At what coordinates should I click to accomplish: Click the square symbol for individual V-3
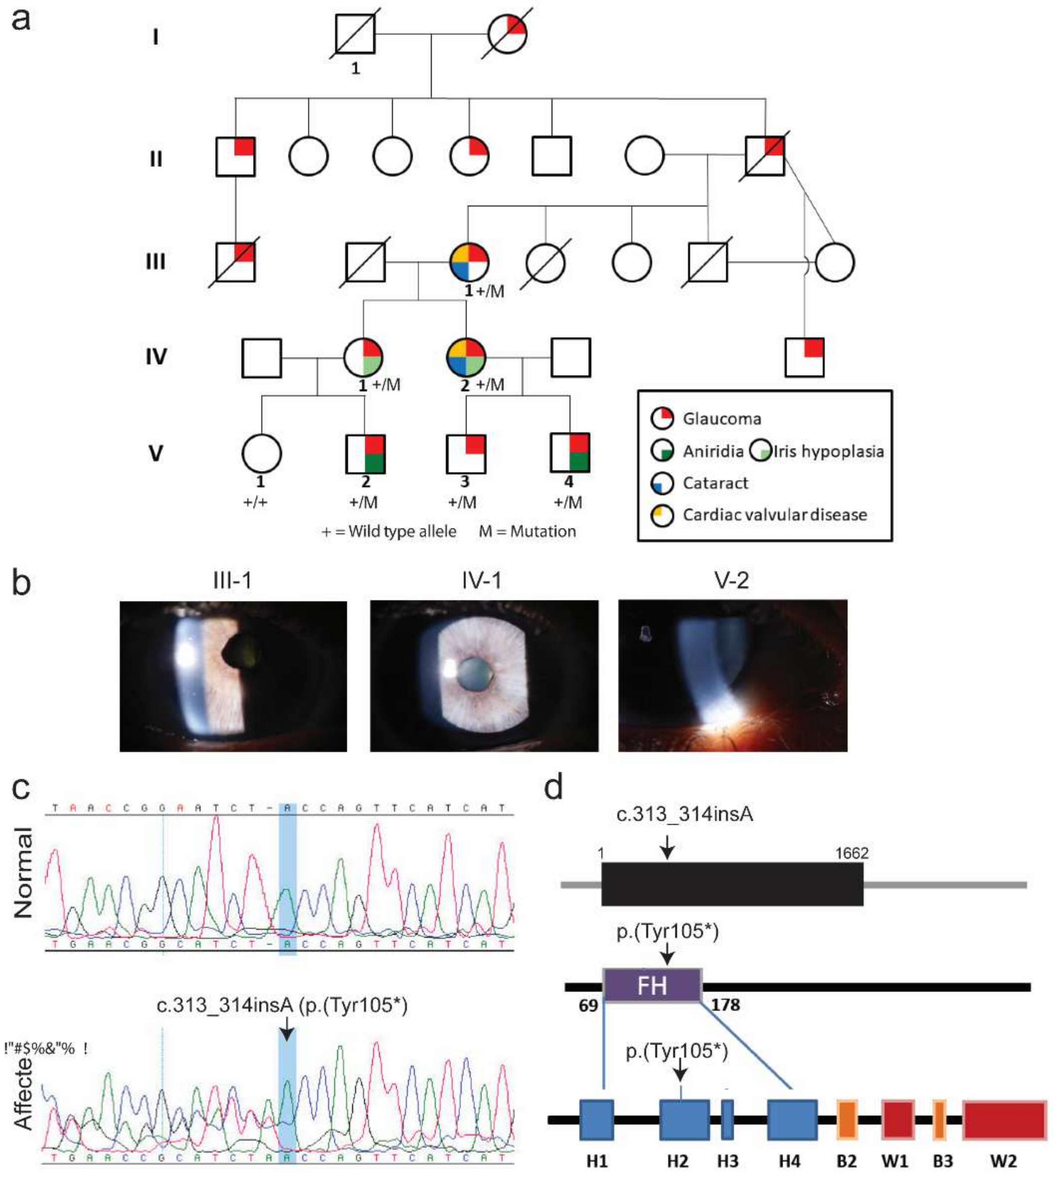pos(465,453)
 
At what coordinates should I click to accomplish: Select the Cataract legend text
pos(715,483)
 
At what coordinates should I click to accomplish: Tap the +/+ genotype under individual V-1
pos(255,502)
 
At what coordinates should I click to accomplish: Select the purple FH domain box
pos(652,985)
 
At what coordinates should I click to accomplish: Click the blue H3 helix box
pos(727,1119)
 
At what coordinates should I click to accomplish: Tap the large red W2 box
pos(1004,1119)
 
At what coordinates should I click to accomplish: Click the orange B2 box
pos(847,1119)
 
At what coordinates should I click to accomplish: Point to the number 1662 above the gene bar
pos(851,853)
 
